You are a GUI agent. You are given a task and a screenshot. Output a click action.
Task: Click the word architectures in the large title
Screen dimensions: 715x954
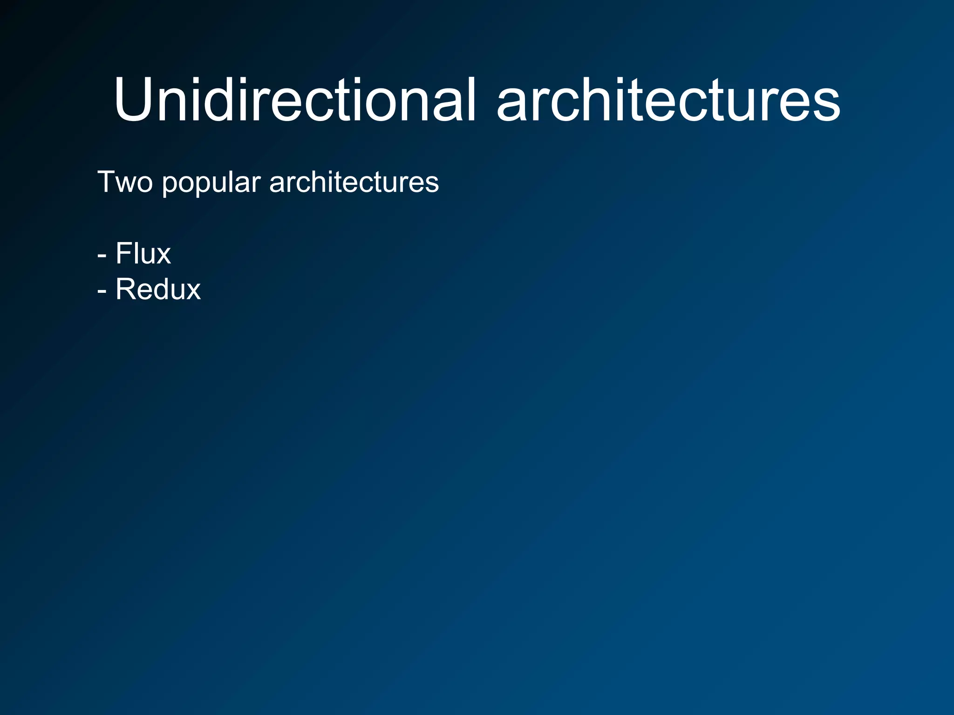click(x=668, y=100)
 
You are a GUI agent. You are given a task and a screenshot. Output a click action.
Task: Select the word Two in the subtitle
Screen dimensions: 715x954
click(x=125, y=182)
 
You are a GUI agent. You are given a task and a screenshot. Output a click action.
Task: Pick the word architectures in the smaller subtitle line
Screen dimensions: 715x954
click(x=354, y=182)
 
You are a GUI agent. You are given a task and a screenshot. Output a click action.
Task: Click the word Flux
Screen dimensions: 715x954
click(x=143, y=254)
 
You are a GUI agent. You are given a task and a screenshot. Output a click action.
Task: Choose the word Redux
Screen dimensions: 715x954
click(x=158, y=289)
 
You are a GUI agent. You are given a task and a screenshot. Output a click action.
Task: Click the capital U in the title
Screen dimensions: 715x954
click(x=134, y=100)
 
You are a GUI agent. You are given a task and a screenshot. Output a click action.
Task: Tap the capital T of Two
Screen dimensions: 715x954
click(x=106, y=182)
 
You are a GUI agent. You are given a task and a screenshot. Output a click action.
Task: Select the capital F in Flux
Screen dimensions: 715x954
click(x=123, y=254)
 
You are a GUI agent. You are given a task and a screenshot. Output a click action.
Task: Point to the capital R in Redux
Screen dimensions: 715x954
click(x=125, y=289)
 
